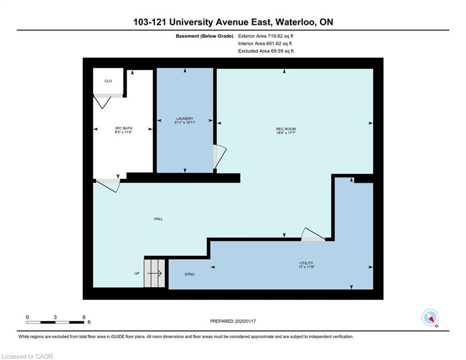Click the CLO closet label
108,81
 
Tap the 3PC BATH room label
123,128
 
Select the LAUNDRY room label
185,119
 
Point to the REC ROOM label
286,129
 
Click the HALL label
158,219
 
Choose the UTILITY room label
306,263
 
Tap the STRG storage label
189,274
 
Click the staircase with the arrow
154,273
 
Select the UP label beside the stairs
137,273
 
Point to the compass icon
430,317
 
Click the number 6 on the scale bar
84,317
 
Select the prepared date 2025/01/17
245,321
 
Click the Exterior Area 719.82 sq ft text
266,36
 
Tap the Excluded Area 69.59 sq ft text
266,51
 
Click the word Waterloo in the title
296,22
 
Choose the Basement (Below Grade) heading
205,36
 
